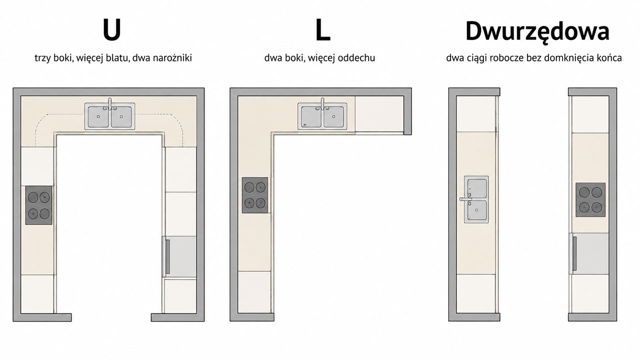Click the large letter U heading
point(111,30)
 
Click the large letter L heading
point(322,30)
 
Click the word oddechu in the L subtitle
point(356,58)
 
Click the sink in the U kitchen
point(109,116)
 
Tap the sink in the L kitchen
point(322,116)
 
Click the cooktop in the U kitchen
point(39,205)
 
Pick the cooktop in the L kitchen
point(255,195)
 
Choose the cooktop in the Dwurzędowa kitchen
point(590,199)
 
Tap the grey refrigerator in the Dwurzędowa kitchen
point(589,253)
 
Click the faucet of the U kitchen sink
point(109,104)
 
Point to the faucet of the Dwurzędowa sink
point(465,199)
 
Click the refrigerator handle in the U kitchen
point(167,256)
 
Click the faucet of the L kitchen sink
point(322,104)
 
